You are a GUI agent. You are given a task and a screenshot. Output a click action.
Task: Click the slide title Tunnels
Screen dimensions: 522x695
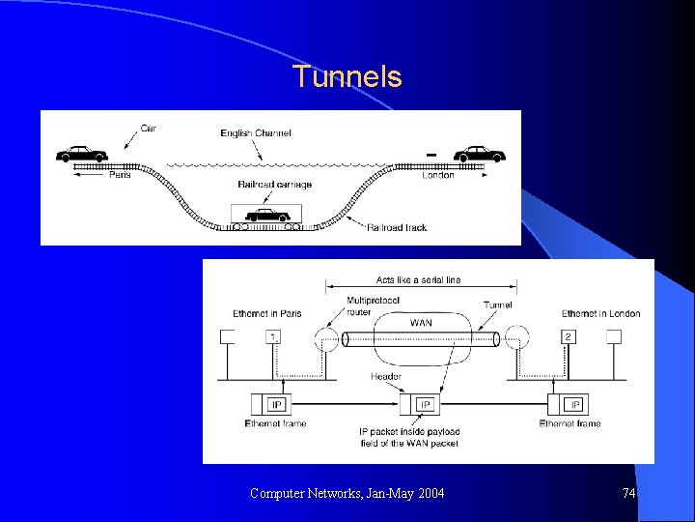tap(347, 76)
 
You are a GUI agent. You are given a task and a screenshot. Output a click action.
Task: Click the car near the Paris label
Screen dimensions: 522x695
tap(81, 154)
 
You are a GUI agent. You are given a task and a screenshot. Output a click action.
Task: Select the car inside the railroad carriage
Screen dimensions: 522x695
tap(265, 215)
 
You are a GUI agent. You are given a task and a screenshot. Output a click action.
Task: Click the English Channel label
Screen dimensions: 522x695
tap(255, 133)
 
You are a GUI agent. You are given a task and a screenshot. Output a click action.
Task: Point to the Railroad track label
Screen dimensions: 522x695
tap(396, 227)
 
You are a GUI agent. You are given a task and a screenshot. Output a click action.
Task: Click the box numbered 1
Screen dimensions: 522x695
tap(274, 337)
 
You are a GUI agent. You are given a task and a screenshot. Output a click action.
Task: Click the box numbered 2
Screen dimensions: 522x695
tap(569, 337)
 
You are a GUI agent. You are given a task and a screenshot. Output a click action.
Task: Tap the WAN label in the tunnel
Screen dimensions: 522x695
tap(421, 323)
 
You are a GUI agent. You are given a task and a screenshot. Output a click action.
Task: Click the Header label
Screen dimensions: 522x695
tap(387, 376)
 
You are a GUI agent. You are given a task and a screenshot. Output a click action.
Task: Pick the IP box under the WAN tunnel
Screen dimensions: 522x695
tap(426, 404)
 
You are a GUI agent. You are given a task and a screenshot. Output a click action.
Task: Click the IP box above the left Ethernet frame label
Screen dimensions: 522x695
tap(276, 404)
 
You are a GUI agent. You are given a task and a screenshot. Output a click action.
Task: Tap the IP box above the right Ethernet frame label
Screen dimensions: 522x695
tap(574, 404)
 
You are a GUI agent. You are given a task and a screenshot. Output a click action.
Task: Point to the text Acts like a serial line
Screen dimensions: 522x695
tap(418, 280)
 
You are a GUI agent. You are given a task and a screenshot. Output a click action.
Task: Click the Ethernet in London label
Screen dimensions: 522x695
tap(600, 313)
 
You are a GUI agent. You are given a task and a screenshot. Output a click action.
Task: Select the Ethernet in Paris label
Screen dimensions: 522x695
tap(267, 313)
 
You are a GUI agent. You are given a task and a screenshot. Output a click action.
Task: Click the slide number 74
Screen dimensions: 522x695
tap(628, 494)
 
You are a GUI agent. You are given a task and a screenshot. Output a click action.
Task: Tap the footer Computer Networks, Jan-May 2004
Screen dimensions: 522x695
tap(347, 494)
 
